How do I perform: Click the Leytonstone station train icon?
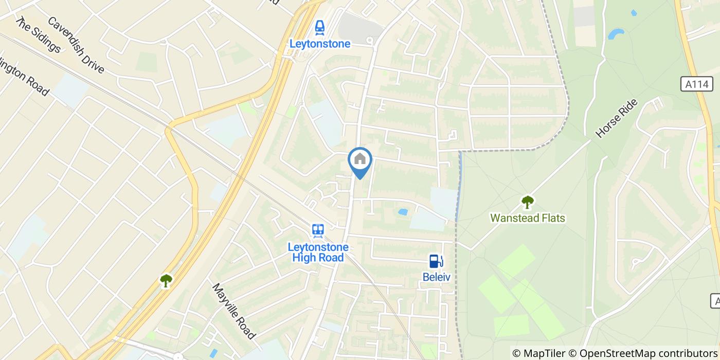tap(320, 26)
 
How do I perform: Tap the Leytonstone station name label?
tap(320, 44)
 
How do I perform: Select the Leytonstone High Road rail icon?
tap(318, 230)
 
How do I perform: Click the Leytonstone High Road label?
tap(318, 252)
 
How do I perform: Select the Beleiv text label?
tap(436, 277)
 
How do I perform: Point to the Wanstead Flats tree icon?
tap(527, 202)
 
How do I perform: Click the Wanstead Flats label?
tap(528, 218)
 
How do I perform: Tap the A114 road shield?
tap(697, 84)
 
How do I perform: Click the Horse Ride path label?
tap(617, 118)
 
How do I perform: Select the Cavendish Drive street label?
tap(76, 45)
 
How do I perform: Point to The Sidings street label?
tap(38, 34)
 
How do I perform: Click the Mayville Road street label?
tap(234, 311)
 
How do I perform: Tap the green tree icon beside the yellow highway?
tap(166, 280)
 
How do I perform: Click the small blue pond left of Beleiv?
tap(403, 211)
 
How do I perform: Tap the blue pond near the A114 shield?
tap(616, 34)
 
